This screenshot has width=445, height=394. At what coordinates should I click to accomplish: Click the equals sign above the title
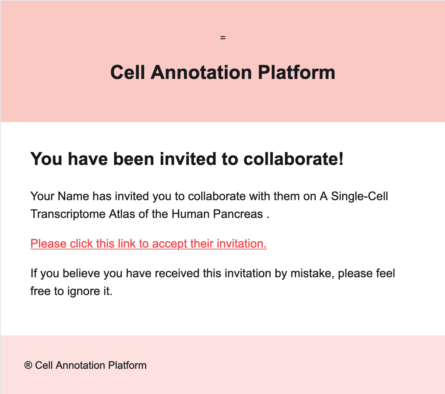pyautogui.click(x=222, y=38)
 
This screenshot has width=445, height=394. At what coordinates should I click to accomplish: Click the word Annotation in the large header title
pyautogui.click(x=201, y=72)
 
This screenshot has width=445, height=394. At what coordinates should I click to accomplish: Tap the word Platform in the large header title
pyautogui.click(x=296, y=72)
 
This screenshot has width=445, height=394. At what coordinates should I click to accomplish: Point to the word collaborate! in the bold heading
pyautogui.click(x=294, y=159)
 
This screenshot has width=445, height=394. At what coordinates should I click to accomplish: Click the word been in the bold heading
pyautogui.click(x=134, y=159)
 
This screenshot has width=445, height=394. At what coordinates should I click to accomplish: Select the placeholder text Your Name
pyautogui.click(x=60, y=196)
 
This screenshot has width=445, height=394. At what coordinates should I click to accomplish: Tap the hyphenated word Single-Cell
pyautogui.click(x=359, y=196)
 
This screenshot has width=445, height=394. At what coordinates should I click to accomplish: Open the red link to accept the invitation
pyautogui.click(x=148, y=244)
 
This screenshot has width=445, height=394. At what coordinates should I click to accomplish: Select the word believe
pyautogui.click(x=81, y=274)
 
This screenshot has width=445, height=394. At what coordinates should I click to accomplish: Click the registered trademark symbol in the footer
pyautogui.click(x=28, y=365)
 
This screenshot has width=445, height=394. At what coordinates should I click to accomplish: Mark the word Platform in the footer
pyautogui.click(x=127, y=365)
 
